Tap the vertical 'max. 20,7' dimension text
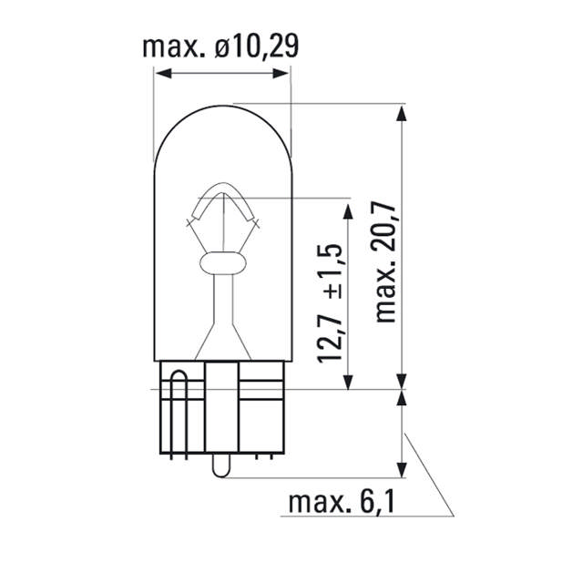tap(386, 265)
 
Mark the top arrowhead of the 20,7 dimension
tap(400, 110)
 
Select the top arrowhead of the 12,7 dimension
tap(348, 210)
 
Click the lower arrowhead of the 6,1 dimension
tap(400, 469)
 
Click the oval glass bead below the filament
tap(221, 265)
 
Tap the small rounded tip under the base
tap(221, 466)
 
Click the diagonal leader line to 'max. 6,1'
tap(428, 474)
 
